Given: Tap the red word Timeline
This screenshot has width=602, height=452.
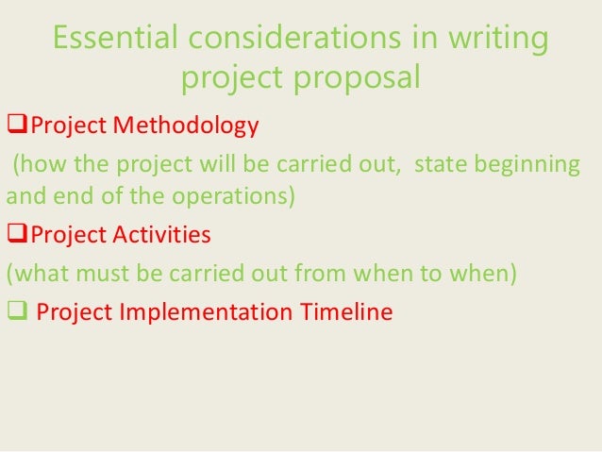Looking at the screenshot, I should click(347, 312).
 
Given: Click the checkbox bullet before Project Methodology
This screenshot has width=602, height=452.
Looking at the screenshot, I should click(15, 125).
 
